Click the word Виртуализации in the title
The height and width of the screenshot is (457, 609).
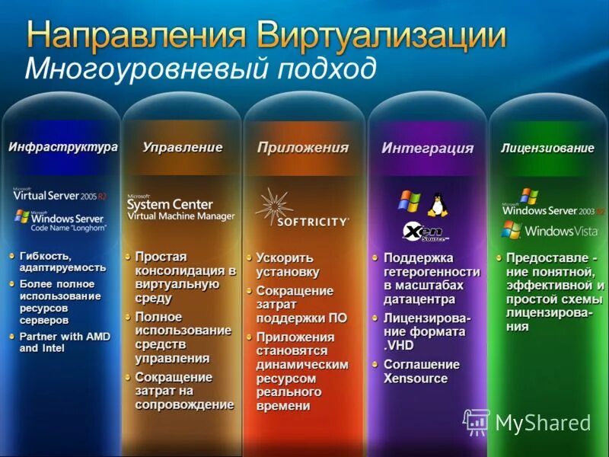pos(382,35)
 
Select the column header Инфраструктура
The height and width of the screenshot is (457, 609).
pos(63,147)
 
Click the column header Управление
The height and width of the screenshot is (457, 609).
pos(183,147)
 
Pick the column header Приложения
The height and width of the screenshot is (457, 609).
pos(302,148)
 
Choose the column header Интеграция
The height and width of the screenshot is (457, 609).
pos(427,149)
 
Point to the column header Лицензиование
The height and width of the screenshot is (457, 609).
pos(547,149)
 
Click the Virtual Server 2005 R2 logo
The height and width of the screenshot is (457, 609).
pos(60,194)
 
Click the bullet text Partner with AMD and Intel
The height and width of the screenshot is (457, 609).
pos(65,342)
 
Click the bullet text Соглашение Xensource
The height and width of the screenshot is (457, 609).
pos(421,371)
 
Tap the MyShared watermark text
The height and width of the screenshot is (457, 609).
pos(543,423)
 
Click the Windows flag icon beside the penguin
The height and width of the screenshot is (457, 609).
pos(409,201)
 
